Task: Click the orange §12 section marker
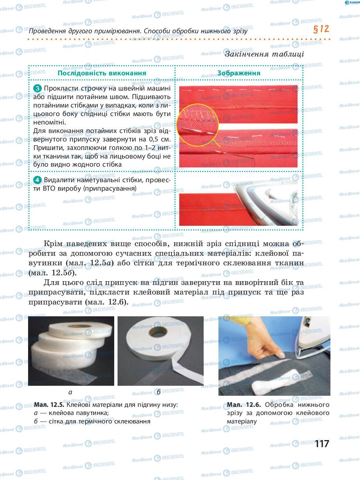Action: coord(321,29)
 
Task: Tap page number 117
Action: coord(322,444)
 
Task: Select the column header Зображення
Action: coord(239,73)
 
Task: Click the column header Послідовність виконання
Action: coord(102,73)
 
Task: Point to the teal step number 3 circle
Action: coord(37,89)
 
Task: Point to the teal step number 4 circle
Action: coord(37,180)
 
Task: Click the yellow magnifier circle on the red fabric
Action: coord(197,125)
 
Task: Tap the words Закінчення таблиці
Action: coord(264,54)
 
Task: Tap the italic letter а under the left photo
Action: coord(70,392)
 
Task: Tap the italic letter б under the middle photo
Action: coord(159,392)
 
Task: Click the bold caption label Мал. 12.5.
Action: coord(49,405)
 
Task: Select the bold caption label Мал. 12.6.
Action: coord(244,405)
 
